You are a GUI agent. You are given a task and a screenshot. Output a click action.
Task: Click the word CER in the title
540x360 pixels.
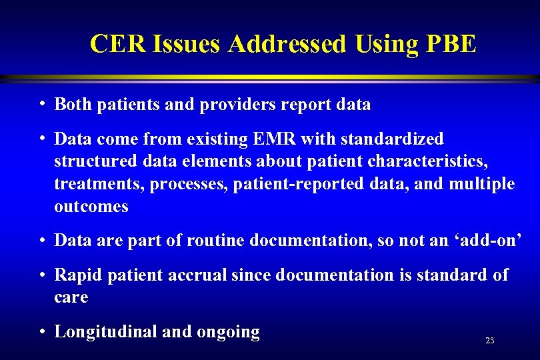point(118,44)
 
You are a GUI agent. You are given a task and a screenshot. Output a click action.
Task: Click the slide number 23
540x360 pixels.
point(490,341)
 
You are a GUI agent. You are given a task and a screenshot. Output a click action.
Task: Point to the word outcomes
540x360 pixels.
point(91,207)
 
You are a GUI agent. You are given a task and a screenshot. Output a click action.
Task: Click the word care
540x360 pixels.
point(71,297)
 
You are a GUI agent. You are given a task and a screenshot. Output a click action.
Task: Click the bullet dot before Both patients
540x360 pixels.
point(42,104)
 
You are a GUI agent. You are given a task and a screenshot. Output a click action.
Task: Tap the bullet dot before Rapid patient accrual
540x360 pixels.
point(42,274)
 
